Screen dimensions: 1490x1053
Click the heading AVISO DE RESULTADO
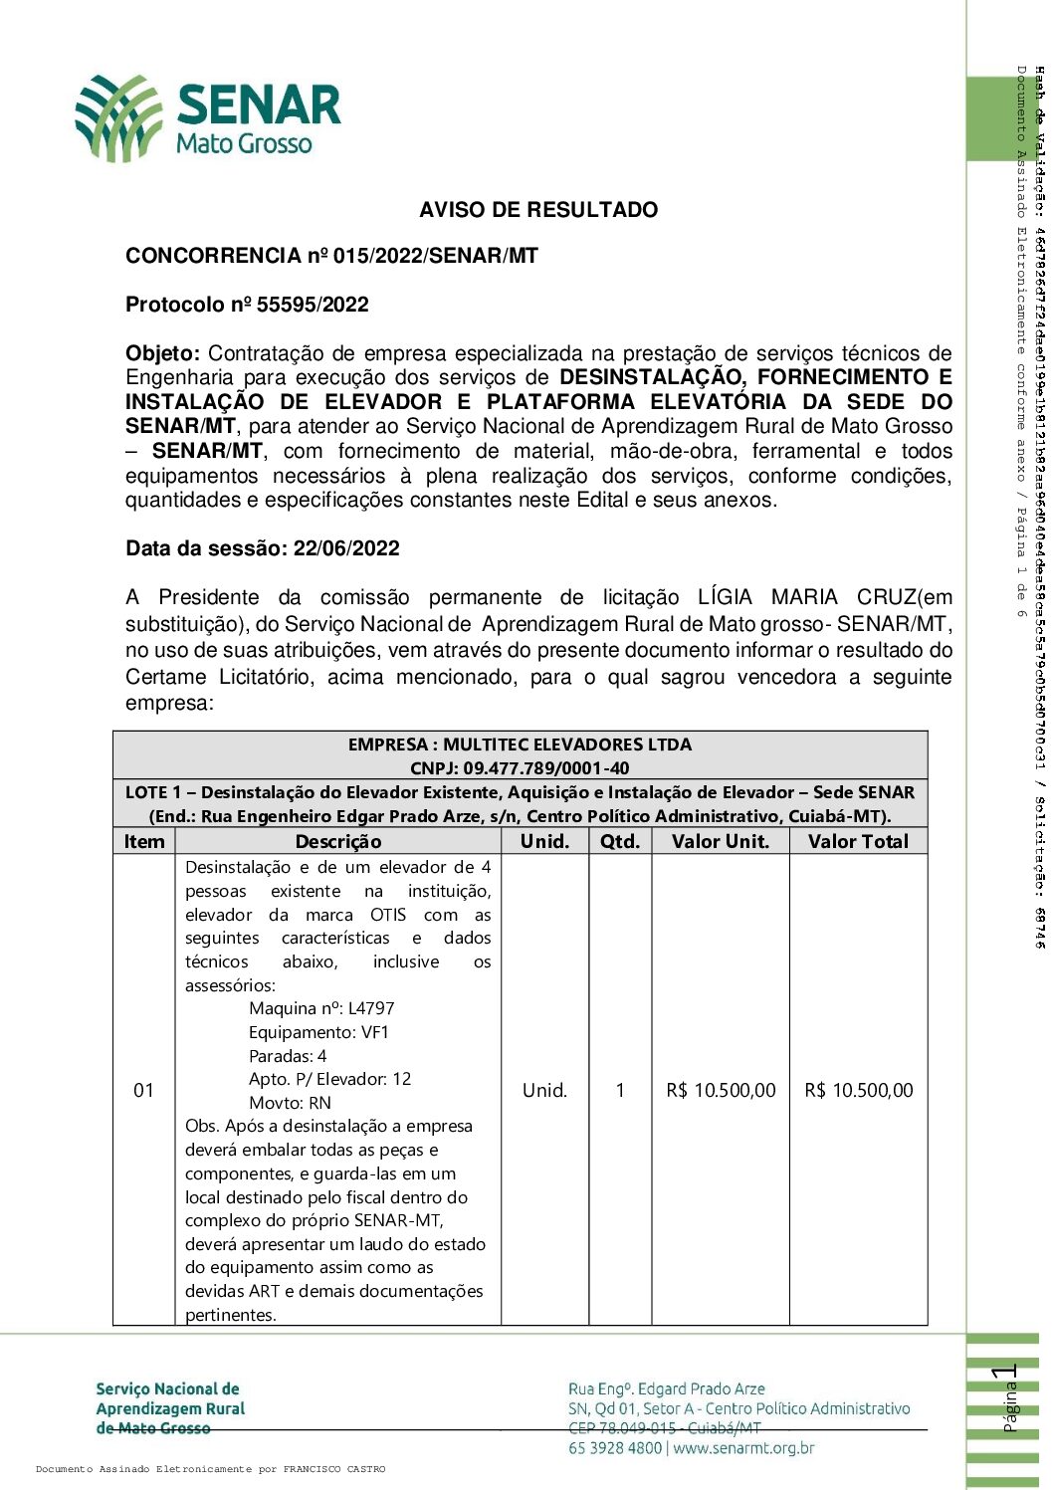point(538,210)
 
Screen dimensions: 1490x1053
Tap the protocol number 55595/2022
point(313,305)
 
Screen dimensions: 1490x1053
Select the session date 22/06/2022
point(346,548)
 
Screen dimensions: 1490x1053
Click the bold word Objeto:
point(162,353)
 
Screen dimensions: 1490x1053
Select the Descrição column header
point(338,842)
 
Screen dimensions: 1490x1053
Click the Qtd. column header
point(620,842)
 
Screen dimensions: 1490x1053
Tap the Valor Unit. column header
point(721,842)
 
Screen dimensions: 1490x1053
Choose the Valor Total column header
point(858,842)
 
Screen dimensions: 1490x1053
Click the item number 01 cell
point(144,1091)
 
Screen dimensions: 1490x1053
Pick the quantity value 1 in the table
point(620,1091)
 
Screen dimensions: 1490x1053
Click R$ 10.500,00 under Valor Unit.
point(721,1091)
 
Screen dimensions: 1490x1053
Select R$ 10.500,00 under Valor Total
point(858,1091)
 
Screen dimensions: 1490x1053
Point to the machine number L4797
point(371,1008)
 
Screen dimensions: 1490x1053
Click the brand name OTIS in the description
point(388,915)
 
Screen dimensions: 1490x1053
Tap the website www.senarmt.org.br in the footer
point(743,1448)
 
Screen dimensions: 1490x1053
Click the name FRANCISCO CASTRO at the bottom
point(334,1469)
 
